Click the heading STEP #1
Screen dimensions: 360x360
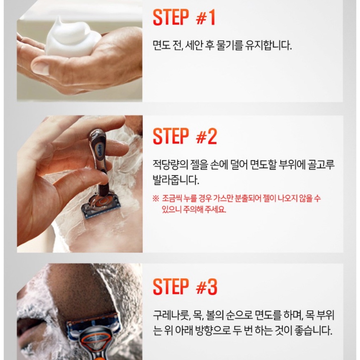coord(184,17)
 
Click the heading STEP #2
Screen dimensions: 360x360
coord(185,136)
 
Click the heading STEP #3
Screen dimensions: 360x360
coord(185,287)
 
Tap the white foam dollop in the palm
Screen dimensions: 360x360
coord(69,37)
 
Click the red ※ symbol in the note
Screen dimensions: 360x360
coord(156,198)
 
